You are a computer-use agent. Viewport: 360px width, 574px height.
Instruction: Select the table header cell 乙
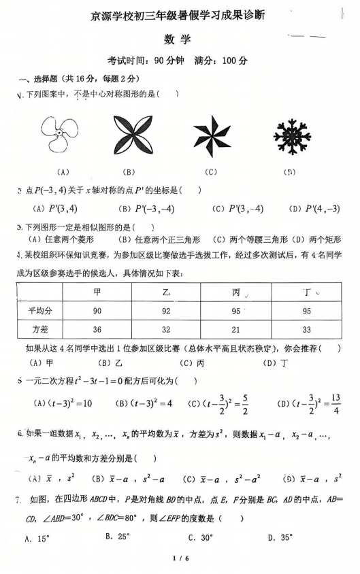tap(165, 292)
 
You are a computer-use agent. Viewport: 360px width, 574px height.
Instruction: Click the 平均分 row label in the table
tap(39, 311)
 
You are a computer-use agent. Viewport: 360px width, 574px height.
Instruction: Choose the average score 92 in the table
tap(165, 311)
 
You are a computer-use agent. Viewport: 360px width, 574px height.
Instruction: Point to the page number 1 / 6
tap(179, 559)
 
